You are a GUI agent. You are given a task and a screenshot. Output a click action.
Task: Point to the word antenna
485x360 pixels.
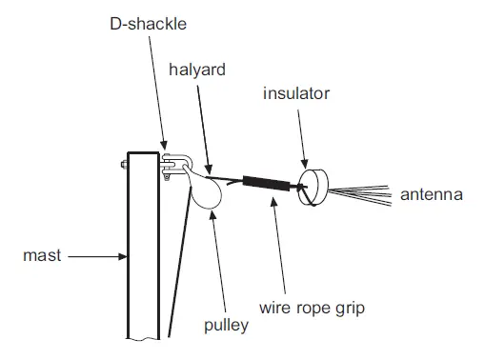click(431, 195)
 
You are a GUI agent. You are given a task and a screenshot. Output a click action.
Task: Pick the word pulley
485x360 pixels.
click(225, 325)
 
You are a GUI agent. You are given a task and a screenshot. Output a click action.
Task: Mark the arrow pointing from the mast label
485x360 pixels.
click(96, 255)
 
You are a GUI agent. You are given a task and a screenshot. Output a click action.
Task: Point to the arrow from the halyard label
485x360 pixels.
click(202, 124)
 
